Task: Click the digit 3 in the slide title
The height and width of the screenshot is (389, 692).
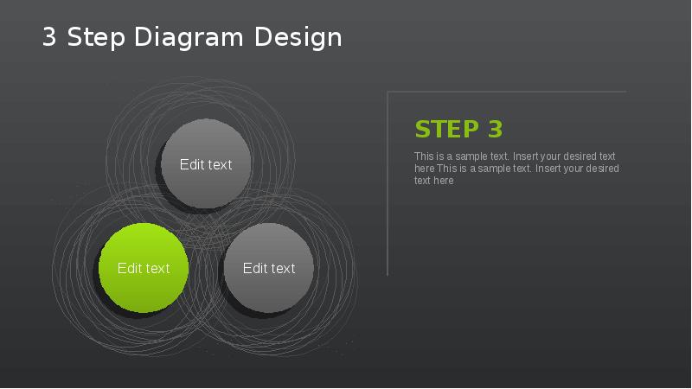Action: (x=49, y=38)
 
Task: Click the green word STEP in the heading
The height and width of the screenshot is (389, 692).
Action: (x=446, y=130)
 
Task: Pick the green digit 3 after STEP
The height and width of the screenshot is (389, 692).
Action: (x=495, y=130)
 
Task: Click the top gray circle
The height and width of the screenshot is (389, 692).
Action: (x=206, y=143)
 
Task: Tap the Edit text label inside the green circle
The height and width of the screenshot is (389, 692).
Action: (x=144, y=269)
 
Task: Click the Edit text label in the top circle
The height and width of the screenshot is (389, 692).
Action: (x=206, y=165)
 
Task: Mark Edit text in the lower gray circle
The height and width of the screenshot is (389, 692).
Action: (x=269, y=269)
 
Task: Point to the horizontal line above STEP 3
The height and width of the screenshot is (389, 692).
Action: (x=506, y=92)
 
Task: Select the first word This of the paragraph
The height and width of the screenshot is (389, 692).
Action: (x=424, y=156)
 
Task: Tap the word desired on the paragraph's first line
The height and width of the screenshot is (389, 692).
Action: (x=580, y=156)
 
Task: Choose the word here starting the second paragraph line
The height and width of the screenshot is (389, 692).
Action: (x=424, y=169)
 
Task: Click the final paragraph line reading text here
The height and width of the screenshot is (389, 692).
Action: (x=433, y=181)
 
